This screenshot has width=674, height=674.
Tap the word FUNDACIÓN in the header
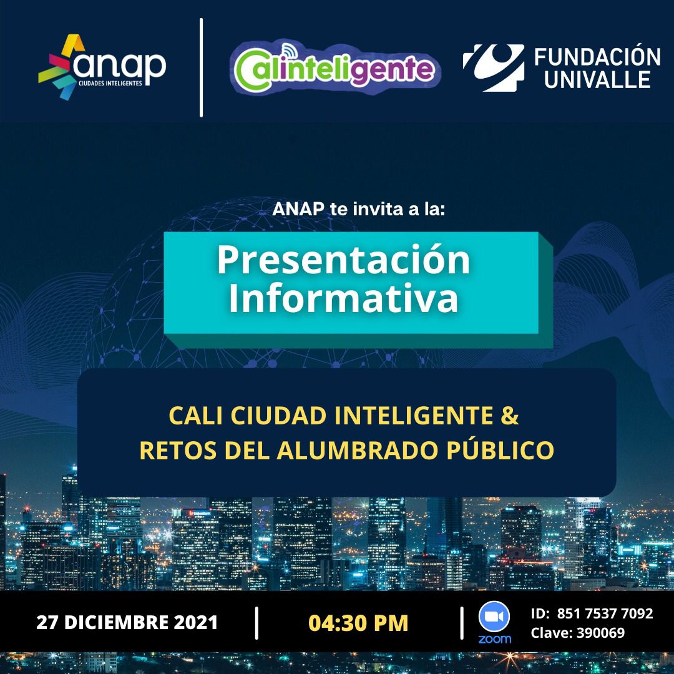[x=597, y=57]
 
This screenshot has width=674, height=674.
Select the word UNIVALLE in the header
[x=597, y=80]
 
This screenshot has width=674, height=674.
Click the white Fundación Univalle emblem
[x=494, y=67]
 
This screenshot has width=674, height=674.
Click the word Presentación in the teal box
[x=343, y=261]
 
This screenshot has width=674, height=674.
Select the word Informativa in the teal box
[x=343, y=298]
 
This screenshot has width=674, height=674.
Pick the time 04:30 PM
[x=358, y=623]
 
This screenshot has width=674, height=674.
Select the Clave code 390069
[x=600, y=633]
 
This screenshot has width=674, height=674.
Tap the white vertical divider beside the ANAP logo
[x=201, y=67]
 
